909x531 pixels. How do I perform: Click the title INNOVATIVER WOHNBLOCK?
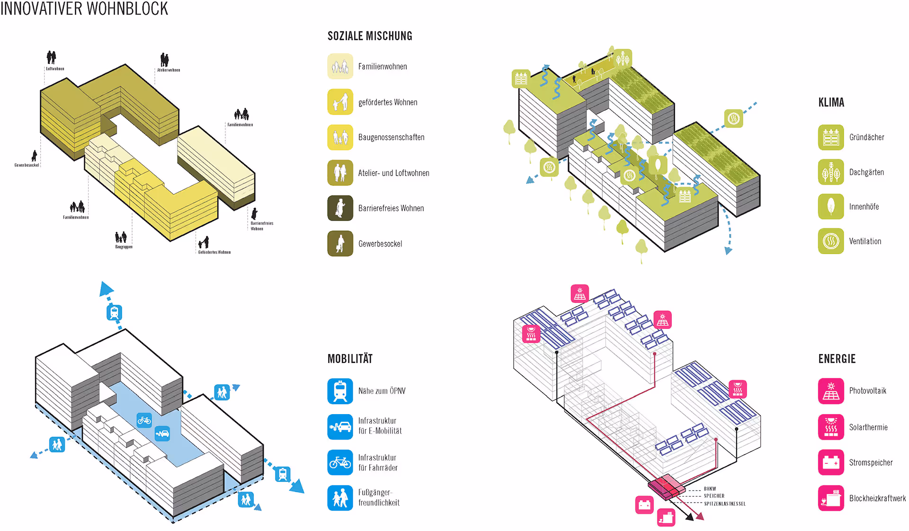click(84, 9)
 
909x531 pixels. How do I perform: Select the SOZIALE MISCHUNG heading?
click(370, 36)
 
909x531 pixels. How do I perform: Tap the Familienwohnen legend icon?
click(340, 66)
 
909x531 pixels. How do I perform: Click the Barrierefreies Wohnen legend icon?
click(340, 208)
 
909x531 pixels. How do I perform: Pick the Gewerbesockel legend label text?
click(380, 244)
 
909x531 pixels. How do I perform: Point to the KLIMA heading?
click(831, 103)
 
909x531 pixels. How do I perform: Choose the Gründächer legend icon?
click(830, 137)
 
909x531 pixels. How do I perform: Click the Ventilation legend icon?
click(830, 241)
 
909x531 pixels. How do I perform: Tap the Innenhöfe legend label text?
click(864, 207)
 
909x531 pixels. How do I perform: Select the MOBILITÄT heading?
click(350, 359)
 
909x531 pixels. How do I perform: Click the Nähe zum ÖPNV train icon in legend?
click(340, 391)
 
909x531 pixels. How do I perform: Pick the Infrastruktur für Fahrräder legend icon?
click(340, 462)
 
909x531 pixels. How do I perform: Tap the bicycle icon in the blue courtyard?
click(144, 420)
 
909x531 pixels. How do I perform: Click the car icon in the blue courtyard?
click(162, 433)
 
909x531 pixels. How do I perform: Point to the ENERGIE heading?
click(837, 359)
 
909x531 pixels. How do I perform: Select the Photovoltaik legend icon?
click(830, 391)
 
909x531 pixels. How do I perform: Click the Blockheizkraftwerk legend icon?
click(830, 498)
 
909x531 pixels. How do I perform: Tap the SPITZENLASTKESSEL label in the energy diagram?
click(724, 504)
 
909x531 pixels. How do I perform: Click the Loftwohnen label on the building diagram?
click(55, 69)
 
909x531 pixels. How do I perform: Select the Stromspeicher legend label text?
click(871, 462)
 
